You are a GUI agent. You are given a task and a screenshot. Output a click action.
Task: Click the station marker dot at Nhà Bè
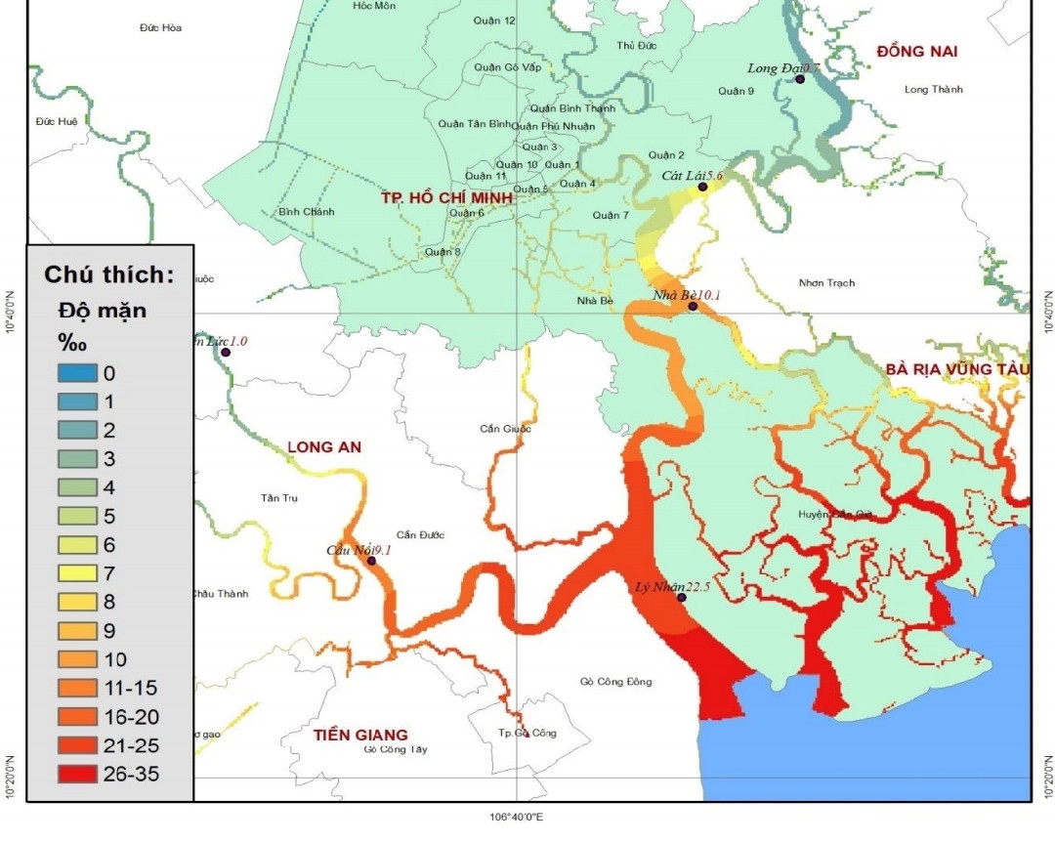[x=693, y=307]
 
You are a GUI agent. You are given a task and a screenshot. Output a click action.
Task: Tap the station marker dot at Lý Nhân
[x=682, y=598]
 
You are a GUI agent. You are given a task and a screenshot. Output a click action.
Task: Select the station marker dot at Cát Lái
[x=702, y=187]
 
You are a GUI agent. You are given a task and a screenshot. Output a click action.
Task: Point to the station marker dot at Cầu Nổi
[x=371, y=561]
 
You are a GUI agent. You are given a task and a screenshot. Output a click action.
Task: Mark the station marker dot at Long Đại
[x=799, y=79]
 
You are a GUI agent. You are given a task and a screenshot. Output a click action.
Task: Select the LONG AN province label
[x=324, y=447]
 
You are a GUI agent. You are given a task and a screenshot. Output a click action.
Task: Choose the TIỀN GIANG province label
[x=359, y=735]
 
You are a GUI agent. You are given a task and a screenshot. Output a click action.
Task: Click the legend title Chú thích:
[x=108, y=274]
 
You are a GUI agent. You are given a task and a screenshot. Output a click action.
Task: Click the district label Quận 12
[x=495, y=21]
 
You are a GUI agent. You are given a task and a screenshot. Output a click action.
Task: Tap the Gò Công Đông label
[x=615, y=682]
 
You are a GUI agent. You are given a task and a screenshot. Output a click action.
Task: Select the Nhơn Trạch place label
[x=826, y=283]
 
